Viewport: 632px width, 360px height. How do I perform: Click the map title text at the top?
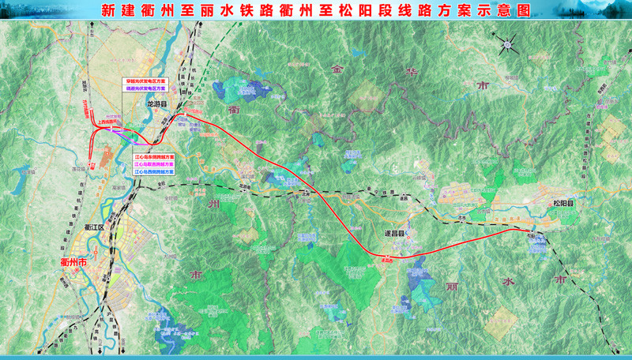click(316, 10)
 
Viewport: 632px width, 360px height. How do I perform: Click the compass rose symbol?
click(506, 46)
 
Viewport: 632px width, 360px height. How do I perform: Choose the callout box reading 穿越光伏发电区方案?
click(144, 81)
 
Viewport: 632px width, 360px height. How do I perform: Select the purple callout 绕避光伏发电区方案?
click(144, 89)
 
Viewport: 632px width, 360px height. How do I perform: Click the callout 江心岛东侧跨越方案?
click(153, 156)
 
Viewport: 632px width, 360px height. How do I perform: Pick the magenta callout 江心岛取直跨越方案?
click(153, 163)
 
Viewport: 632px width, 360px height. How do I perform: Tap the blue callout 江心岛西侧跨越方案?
click(153, 171)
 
